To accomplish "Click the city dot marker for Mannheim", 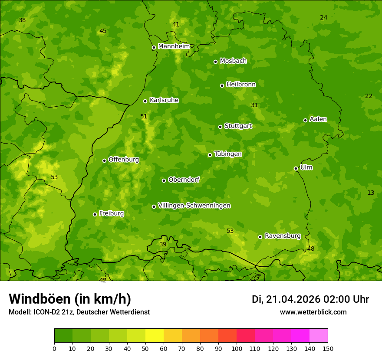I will [154, 48].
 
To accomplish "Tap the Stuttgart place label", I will [238, 126].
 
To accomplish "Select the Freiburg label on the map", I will [111, 213].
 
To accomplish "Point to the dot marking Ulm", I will [296, 168].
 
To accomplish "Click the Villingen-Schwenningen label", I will [194, 206].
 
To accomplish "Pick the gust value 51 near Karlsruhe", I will [144, 116].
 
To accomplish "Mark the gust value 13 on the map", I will [371, 193].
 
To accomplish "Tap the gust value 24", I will [323, 17].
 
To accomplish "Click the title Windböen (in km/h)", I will [70, 299].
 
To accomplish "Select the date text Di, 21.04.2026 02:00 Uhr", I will [310, 299].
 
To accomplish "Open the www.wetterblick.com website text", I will [313, 312].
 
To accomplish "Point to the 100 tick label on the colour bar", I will [237, 348].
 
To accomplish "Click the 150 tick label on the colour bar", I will [328, 348].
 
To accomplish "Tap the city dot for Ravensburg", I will [260, 237].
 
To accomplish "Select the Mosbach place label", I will [233, 61].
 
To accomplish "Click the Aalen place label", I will [318, 119].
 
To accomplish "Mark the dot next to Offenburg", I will [104, 160].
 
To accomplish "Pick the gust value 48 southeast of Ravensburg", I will [311, 249].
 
